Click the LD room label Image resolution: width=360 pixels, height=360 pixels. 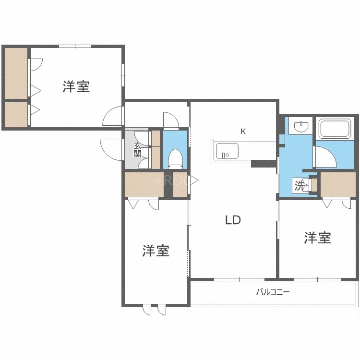point(233,220)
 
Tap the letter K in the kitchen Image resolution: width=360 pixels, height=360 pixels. point(243,131)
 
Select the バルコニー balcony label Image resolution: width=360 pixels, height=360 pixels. point(273,291)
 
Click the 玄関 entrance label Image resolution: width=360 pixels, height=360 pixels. point(138,149)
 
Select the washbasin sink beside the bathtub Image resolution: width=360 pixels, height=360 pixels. point(301,126)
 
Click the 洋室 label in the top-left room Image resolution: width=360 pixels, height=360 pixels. point(76,87)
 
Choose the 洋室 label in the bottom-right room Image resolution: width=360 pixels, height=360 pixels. point(317,238)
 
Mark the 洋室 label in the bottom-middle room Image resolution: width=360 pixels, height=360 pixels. point(156,251)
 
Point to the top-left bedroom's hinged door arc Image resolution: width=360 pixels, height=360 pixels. point(114,116)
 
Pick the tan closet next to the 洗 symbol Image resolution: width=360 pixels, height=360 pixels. point(337,184)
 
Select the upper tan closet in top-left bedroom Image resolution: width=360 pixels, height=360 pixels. point(16,72)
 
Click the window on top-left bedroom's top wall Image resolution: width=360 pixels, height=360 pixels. point(75,46)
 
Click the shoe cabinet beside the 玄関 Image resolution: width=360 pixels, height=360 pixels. point(156,149)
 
